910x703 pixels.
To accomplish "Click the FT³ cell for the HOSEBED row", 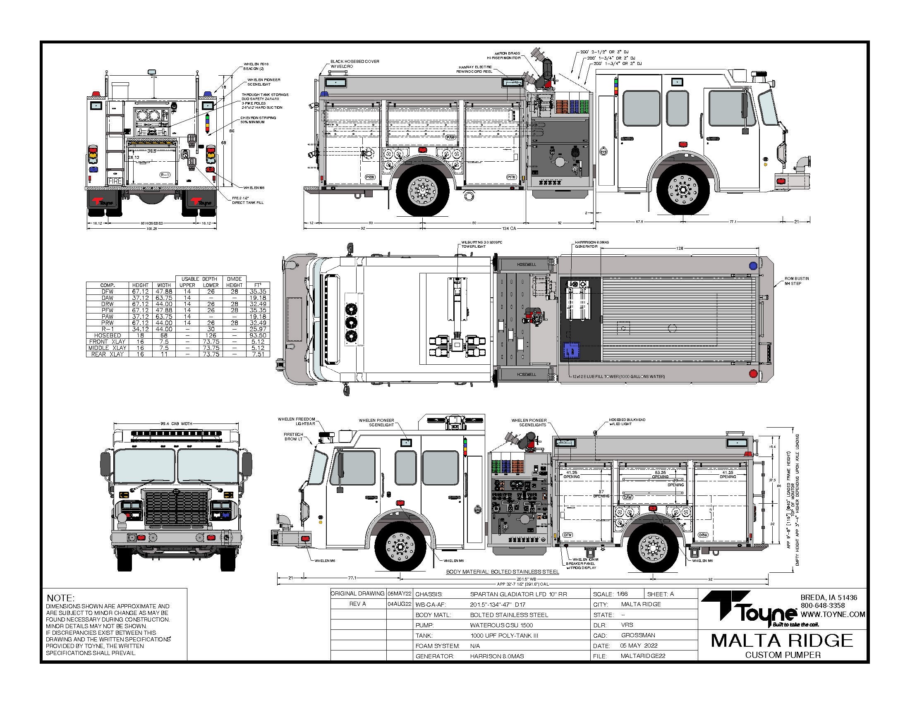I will tap(258, 335).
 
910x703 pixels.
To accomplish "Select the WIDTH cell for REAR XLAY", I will tap(164, 354).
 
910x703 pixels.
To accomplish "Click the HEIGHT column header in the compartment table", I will tap(140, 285).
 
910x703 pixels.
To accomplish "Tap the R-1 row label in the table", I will tap(107, 329).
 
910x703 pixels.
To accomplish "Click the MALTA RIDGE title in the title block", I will tap(782, 641).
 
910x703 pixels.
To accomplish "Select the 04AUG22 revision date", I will tap(399, 604).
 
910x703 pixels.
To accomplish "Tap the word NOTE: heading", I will tap(60, 598).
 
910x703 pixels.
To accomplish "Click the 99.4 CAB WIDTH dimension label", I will tap(176, 423).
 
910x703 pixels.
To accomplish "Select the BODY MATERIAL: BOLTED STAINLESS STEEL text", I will tap(503, 572).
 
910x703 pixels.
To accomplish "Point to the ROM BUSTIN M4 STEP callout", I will tap(796, 281).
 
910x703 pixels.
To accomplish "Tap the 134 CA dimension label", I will tap(510, 228).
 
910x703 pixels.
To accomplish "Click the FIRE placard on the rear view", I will tap(115, 181).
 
